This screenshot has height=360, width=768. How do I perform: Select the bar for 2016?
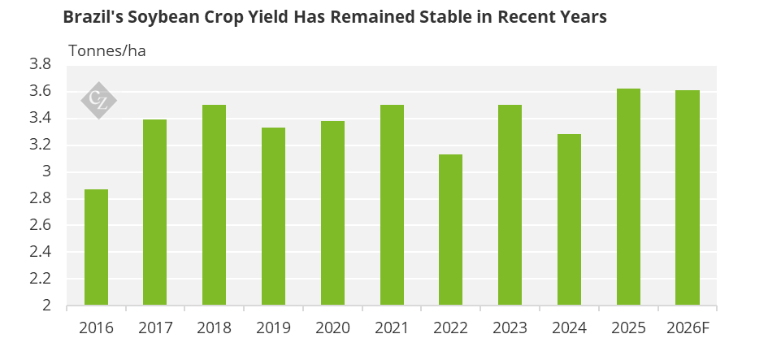(96, 247)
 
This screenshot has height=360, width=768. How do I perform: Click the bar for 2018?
(214, 205)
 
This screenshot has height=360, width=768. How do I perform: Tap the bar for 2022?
(451, 230)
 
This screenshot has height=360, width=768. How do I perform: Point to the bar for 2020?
(332, 213)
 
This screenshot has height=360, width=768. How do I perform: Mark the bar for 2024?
(569, 219)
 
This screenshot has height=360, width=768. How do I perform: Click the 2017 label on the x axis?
(154, 328)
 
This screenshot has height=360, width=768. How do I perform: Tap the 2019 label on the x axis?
(273, 328)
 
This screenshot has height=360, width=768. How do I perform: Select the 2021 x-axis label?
(392, 328)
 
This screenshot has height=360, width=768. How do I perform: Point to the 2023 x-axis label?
(510, 328)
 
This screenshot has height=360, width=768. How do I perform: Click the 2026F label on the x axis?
(688, 328)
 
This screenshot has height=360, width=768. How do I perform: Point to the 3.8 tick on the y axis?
(40, 64)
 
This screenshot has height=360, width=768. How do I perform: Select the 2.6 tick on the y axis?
(40, 225)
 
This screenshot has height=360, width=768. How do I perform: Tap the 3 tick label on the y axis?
(46, 171)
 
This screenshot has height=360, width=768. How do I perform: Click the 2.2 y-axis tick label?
(40, 279)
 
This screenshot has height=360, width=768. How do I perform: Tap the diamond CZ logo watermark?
(99, 101)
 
